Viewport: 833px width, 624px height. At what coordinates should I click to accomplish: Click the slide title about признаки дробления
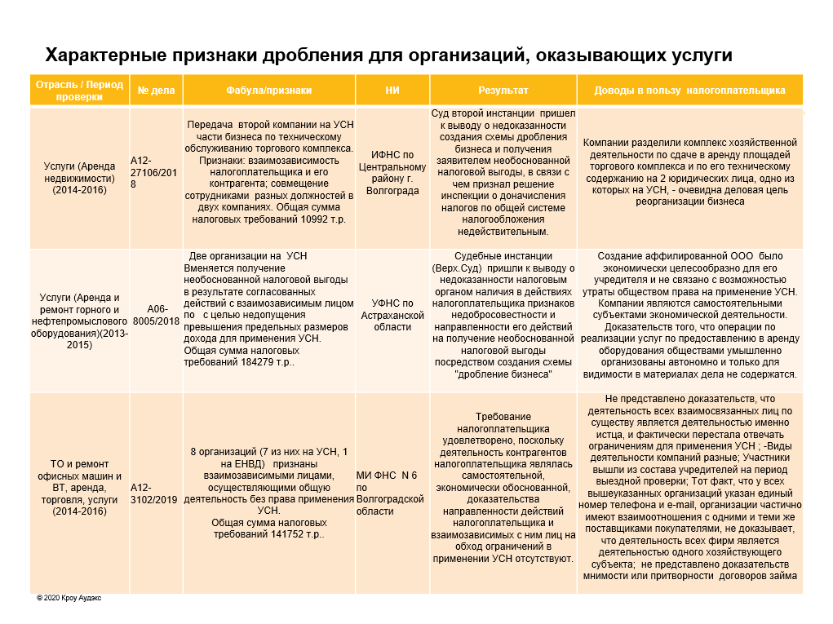388,55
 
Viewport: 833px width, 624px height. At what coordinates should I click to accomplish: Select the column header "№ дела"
156,91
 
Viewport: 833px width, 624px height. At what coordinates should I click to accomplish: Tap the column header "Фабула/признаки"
269,91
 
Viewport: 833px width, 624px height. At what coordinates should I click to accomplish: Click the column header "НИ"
392,91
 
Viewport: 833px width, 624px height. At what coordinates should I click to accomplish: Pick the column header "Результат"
503,91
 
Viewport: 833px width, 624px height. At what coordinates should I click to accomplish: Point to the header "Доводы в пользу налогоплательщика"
689,91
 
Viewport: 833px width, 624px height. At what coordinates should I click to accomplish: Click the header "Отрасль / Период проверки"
80,91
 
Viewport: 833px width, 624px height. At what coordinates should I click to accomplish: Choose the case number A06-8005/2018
156,315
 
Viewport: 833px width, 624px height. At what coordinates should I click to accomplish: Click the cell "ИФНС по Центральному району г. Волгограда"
392,173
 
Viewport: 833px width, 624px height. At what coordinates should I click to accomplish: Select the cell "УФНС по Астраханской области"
392,315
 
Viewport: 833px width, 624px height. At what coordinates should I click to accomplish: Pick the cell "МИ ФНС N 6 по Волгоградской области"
391,493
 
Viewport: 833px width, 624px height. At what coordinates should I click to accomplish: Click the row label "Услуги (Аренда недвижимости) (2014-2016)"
80,179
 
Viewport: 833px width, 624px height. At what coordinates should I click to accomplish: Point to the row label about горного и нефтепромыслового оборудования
80,321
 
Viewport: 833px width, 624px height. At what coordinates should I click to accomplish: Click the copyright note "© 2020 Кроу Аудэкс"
69,598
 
